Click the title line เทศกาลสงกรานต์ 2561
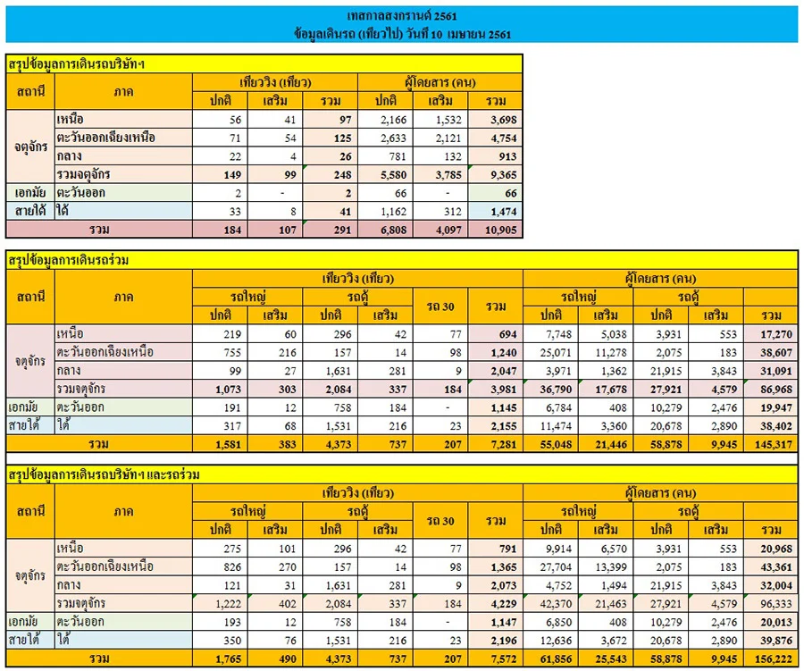coord(401,16)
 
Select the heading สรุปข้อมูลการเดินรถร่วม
coord(68,260)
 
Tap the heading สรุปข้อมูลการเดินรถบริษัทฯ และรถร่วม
coord(104,474)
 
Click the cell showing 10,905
coord(500,230)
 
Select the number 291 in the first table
coord(342,230)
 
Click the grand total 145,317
coord(774,444)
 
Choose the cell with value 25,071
coord(556,352)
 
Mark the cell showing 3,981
coord(503,390)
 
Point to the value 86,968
coord(776,390)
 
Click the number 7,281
coord(503,444)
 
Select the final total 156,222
coord(774,658)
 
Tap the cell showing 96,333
coord(776,604)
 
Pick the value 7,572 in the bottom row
coord(503,658)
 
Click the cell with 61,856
coord(556,658)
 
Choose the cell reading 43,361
coord(776,566)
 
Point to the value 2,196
coord(503,641)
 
